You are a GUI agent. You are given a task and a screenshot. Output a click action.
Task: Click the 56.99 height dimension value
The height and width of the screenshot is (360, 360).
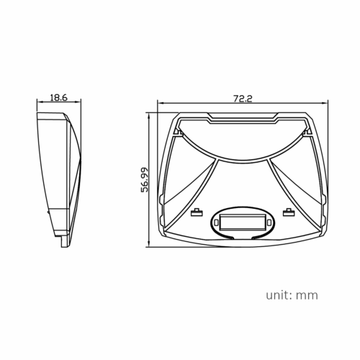145,180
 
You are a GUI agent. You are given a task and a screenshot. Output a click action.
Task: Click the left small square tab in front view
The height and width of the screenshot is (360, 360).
194,212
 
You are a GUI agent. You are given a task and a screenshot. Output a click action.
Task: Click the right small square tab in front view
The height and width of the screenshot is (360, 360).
288,212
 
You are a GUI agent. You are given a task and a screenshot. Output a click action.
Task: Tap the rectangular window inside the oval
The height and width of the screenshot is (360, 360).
240,220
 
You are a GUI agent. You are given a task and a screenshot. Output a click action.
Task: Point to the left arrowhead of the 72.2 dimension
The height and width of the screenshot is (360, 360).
159,104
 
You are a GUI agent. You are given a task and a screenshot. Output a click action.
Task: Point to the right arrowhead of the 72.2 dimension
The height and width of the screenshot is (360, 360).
329,104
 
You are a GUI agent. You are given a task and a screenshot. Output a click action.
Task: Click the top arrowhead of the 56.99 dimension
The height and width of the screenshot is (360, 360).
150,114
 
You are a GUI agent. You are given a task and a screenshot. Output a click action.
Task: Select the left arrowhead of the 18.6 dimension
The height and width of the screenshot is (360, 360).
38,104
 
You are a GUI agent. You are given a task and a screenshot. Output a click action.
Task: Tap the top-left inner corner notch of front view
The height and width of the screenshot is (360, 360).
177,131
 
